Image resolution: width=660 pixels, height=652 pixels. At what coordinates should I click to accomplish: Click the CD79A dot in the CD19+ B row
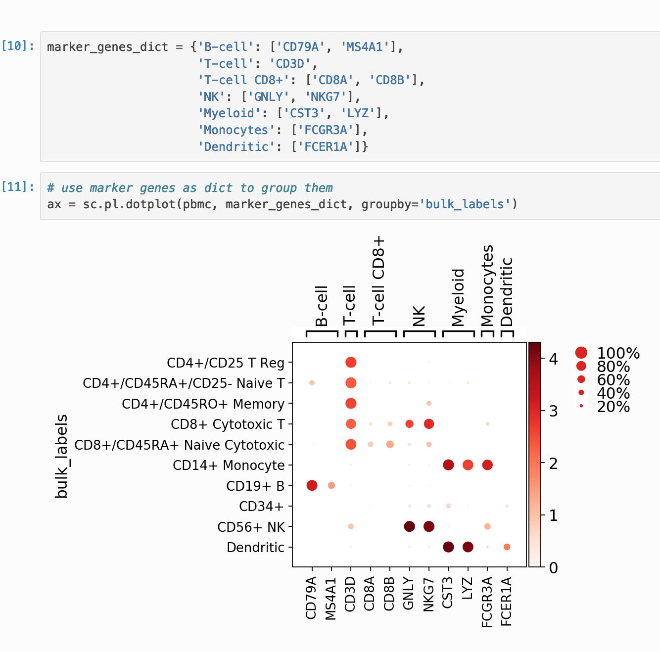tap(312, 485)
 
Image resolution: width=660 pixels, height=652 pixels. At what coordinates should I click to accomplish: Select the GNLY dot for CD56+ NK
tap(409, 526)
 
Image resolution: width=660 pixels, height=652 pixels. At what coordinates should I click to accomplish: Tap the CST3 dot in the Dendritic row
tap(448, 547)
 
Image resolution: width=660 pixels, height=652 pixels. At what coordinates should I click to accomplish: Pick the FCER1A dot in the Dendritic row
tap(507, 547)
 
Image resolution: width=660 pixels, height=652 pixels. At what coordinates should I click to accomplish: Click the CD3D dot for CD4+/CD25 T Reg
tap(351, 362)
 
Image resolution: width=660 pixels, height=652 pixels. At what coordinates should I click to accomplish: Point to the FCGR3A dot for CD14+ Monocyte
tap(487, 465)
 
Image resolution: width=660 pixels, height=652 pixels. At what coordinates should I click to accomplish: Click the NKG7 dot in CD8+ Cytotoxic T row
tap(429, 424)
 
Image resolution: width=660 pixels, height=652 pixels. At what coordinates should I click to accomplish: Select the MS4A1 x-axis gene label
tap(331, 599)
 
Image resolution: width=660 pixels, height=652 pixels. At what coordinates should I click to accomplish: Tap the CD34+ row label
tap(261, 507)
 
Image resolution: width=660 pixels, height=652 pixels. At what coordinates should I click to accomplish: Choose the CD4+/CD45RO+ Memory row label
tap(203, 404)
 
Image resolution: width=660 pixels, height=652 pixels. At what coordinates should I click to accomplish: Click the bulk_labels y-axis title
tap(61, 456)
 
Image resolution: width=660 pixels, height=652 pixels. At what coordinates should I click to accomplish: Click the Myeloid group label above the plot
tap(459, 297)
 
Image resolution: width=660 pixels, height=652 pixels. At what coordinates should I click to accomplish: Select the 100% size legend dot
tap(581, 353)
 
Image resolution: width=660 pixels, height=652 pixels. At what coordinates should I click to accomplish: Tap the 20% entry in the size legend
tap(613, 407)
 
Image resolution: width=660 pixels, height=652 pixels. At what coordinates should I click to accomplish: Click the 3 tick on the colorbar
tap(554, 411)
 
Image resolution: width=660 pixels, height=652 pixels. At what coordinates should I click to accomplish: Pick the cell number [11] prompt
tap(18, 187)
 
